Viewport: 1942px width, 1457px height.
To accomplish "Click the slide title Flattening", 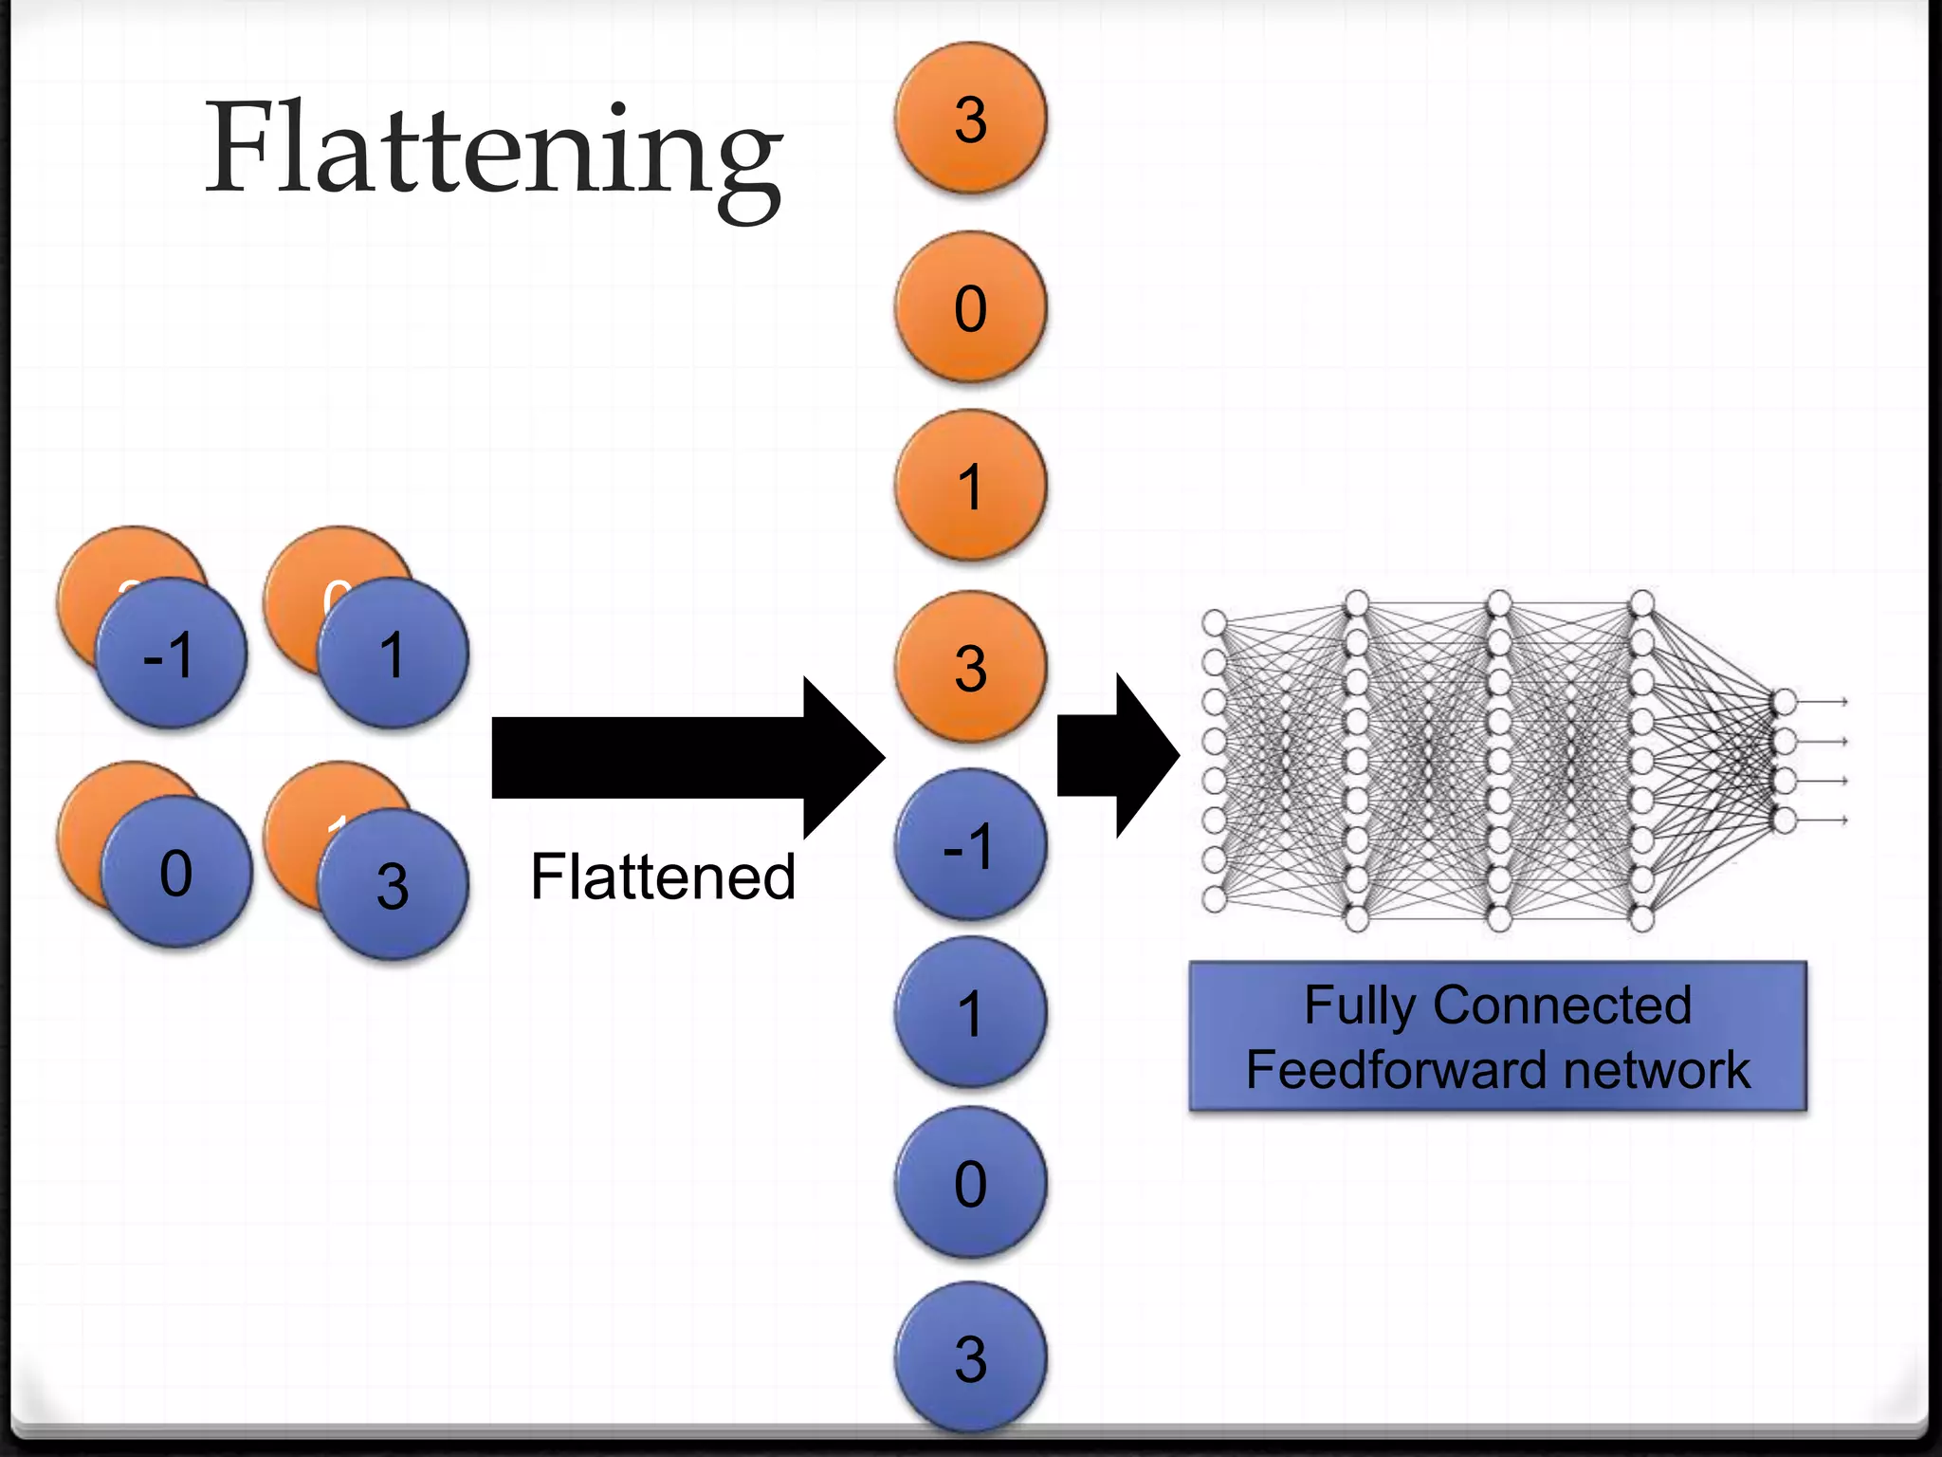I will coord(493,152).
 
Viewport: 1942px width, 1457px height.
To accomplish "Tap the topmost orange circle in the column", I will coord(970,119).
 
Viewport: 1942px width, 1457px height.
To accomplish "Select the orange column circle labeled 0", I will coord(970,307).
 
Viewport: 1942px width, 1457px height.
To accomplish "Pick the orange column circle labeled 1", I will coord(970,485).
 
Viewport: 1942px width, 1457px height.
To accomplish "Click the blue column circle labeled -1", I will coord(970,844).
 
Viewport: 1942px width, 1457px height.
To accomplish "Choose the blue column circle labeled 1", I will coord(970,1012).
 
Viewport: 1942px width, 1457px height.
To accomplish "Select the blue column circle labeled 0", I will coord(970,1183).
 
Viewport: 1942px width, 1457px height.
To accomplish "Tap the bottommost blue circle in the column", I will coord(970,1356).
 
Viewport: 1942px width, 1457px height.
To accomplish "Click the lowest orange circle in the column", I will coord(970,667).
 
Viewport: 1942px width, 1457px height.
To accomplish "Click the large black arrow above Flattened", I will coord(683,757).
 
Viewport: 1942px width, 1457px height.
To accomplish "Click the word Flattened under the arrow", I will coord(663,876).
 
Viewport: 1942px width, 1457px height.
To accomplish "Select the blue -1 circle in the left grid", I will coord(171,655).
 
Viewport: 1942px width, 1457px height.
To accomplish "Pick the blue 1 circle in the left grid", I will coord(393,655).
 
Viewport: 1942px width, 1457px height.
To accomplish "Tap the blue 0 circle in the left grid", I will coord(176,873).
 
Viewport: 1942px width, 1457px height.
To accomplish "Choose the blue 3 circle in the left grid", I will coord(393,885).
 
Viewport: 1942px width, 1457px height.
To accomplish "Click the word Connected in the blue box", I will coord(1562,1005).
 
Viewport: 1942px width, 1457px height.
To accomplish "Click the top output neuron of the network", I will coord(1784,702).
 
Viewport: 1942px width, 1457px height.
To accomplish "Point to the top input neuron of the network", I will coord(1214,623).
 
